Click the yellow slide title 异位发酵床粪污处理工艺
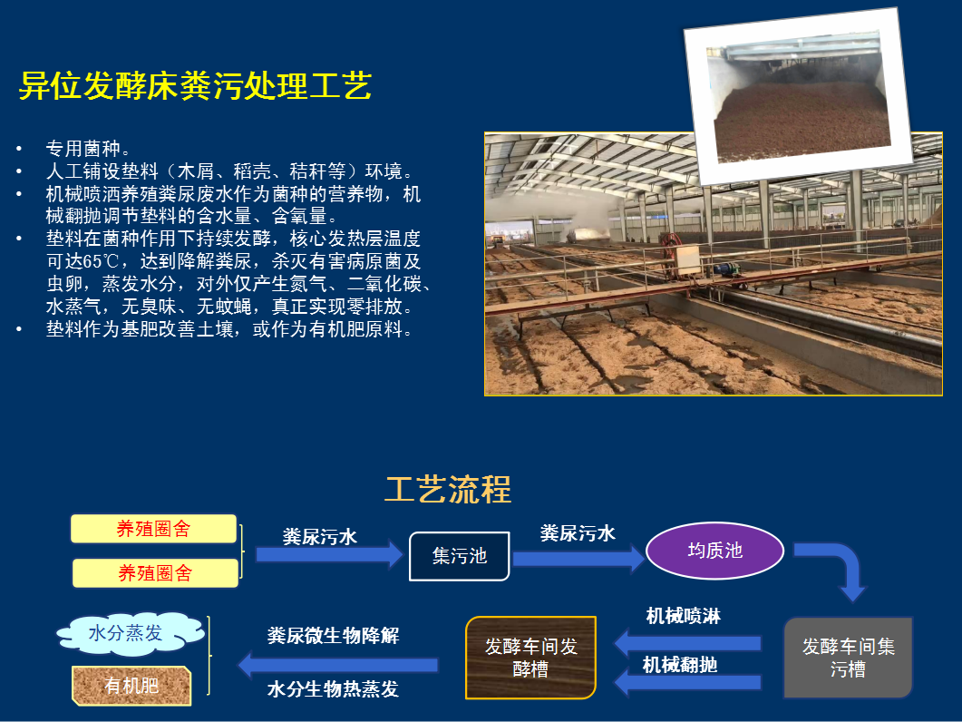(195, 85)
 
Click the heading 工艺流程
(448, 489)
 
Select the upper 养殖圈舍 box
(153, 529)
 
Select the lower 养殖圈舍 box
(155, 573)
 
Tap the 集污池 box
(460, 556)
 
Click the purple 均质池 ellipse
(714, 551)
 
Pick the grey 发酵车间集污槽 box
(849, 658)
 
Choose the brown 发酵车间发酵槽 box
(530, 658)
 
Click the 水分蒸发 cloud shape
(130, 633)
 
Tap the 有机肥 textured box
(131, 685)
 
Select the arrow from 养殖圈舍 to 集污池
(329, 554)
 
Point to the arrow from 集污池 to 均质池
(578, 558)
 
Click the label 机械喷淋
(684, 616)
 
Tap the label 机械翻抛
(680, 664)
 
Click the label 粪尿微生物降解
(333, 635)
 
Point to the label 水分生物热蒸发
(333, 688)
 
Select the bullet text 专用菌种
(83, 149)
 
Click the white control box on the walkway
(688, 259)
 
